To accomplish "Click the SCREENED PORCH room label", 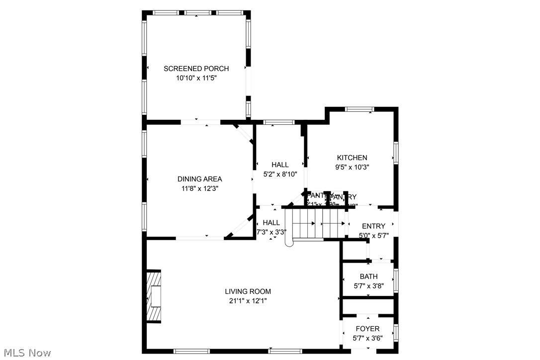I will (x=196, y=69).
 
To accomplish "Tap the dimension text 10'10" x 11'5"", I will (x=196, y=78).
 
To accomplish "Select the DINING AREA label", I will (x=199, y=179).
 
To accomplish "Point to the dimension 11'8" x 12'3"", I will (x=199, y=188).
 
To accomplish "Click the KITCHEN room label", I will (x=352, y=158).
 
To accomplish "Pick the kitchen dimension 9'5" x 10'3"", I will (x=352, y=168).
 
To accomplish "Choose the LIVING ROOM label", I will (x=248, y=291).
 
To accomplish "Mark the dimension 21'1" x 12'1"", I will (x=248, y=301).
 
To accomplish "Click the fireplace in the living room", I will (x=155, y=296).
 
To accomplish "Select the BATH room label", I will (x=368, y=276).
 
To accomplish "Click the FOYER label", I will (x=368, y=329).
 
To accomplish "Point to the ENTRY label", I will (x=373, y=226).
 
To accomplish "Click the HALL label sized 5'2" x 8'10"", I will (x=280, y=165).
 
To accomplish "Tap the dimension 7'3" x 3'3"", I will (x=271, y=232).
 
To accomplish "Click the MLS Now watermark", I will (x=26, y=353).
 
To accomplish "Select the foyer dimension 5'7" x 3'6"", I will (x=368, y=338).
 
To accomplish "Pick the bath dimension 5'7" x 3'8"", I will (x=368, y=286).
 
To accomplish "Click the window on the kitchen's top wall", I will (x=360, y=109).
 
